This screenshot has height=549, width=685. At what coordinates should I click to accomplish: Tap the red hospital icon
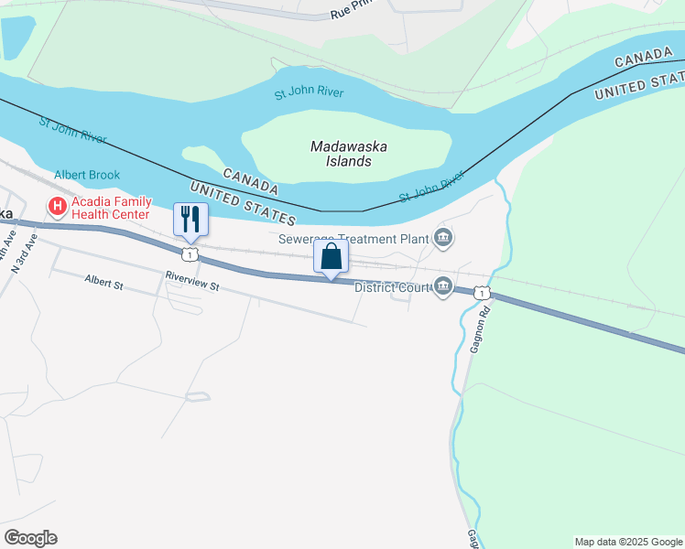click(x=58, y=208)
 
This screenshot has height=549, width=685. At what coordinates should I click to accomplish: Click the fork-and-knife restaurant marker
click(x=190, y=219)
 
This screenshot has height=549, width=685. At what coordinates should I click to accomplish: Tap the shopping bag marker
click(x=331, y=255)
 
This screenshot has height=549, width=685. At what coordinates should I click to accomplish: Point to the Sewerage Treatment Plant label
click(x=353, y=239)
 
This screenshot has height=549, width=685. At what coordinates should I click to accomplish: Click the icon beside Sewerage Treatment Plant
click(x=443, y=239)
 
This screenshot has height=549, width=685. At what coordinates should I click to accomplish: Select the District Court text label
click(x=392, y=286)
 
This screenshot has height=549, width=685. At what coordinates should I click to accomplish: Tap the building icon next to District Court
click(x=443, y=286)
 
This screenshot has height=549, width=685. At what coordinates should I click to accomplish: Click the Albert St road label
click(x=103, y=280)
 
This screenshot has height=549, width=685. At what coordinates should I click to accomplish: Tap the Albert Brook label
click(x=87, y=175)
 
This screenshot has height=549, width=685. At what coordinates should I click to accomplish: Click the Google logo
click(x=30, y=538)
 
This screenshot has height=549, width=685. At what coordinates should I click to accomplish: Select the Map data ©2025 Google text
click(x=627, y=542)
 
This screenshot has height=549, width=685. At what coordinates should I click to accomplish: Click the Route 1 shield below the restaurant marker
click(x=190, y=252)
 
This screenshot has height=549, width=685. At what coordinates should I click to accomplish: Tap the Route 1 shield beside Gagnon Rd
click(x=482, y=293)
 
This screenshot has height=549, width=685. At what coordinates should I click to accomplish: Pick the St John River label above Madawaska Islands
click(x=310, y=94)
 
